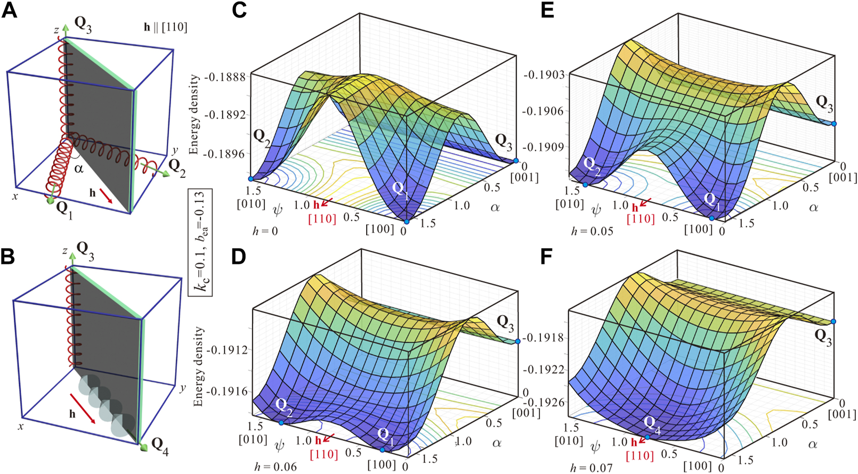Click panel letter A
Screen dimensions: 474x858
click(10, 10)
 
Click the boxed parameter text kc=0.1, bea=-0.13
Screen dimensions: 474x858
click(203, 242)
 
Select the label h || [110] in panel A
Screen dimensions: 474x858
click(165, 27)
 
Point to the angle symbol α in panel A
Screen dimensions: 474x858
click(79, 169)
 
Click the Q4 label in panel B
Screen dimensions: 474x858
click(159, 443)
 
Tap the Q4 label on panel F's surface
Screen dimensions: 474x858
click(651, 423)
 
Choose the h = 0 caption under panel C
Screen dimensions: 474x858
click(265, 231)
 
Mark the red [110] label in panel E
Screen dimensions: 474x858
click(641, 219)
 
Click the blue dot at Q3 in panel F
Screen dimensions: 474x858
click(833, 322)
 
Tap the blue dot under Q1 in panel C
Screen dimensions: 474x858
click(407, 222)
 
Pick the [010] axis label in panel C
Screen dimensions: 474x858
click(251, 203)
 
